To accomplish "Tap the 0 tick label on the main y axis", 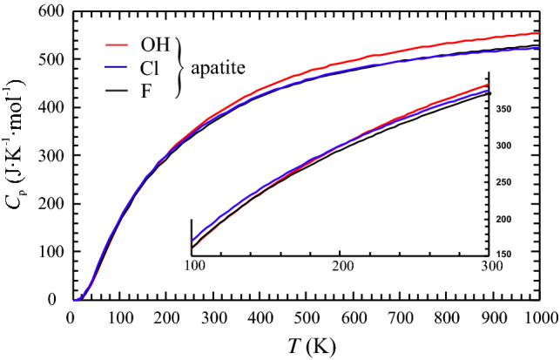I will click(x=54, y=300).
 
